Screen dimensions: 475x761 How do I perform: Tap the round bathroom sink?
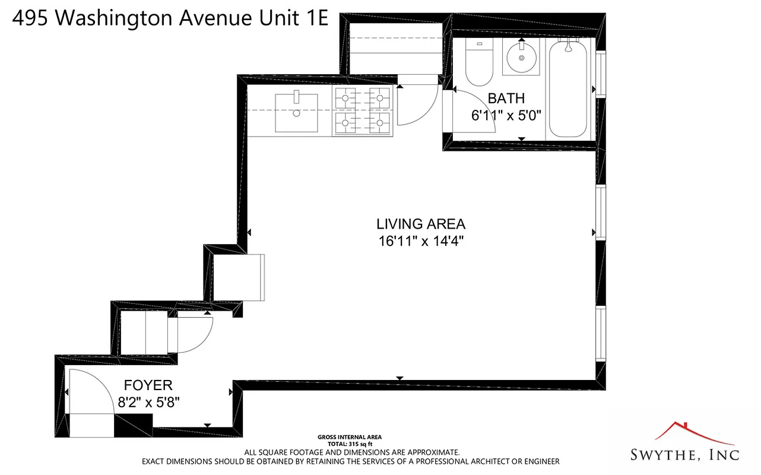pos(521,58)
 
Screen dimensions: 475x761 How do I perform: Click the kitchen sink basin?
pos(296,113)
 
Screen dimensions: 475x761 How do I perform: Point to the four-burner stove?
pos(363,111)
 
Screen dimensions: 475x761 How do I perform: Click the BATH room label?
pos(506,99)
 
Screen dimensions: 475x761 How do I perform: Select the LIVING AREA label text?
pos(420,224)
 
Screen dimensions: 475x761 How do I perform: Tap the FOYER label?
pos(148,385)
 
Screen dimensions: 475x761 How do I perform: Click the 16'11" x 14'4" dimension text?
pos(420,242)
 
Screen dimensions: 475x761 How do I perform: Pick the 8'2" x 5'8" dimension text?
pos(148,402)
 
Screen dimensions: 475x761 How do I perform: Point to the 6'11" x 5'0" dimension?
pos(507,116)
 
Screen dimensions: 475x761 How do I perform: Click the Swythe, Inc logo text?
pos(684,455)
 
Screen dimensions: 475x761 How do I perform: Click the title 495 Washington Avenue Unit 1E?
pos(170,18)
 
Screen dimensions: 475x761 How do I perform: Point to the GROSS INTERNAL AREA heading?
pos(350,436)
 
